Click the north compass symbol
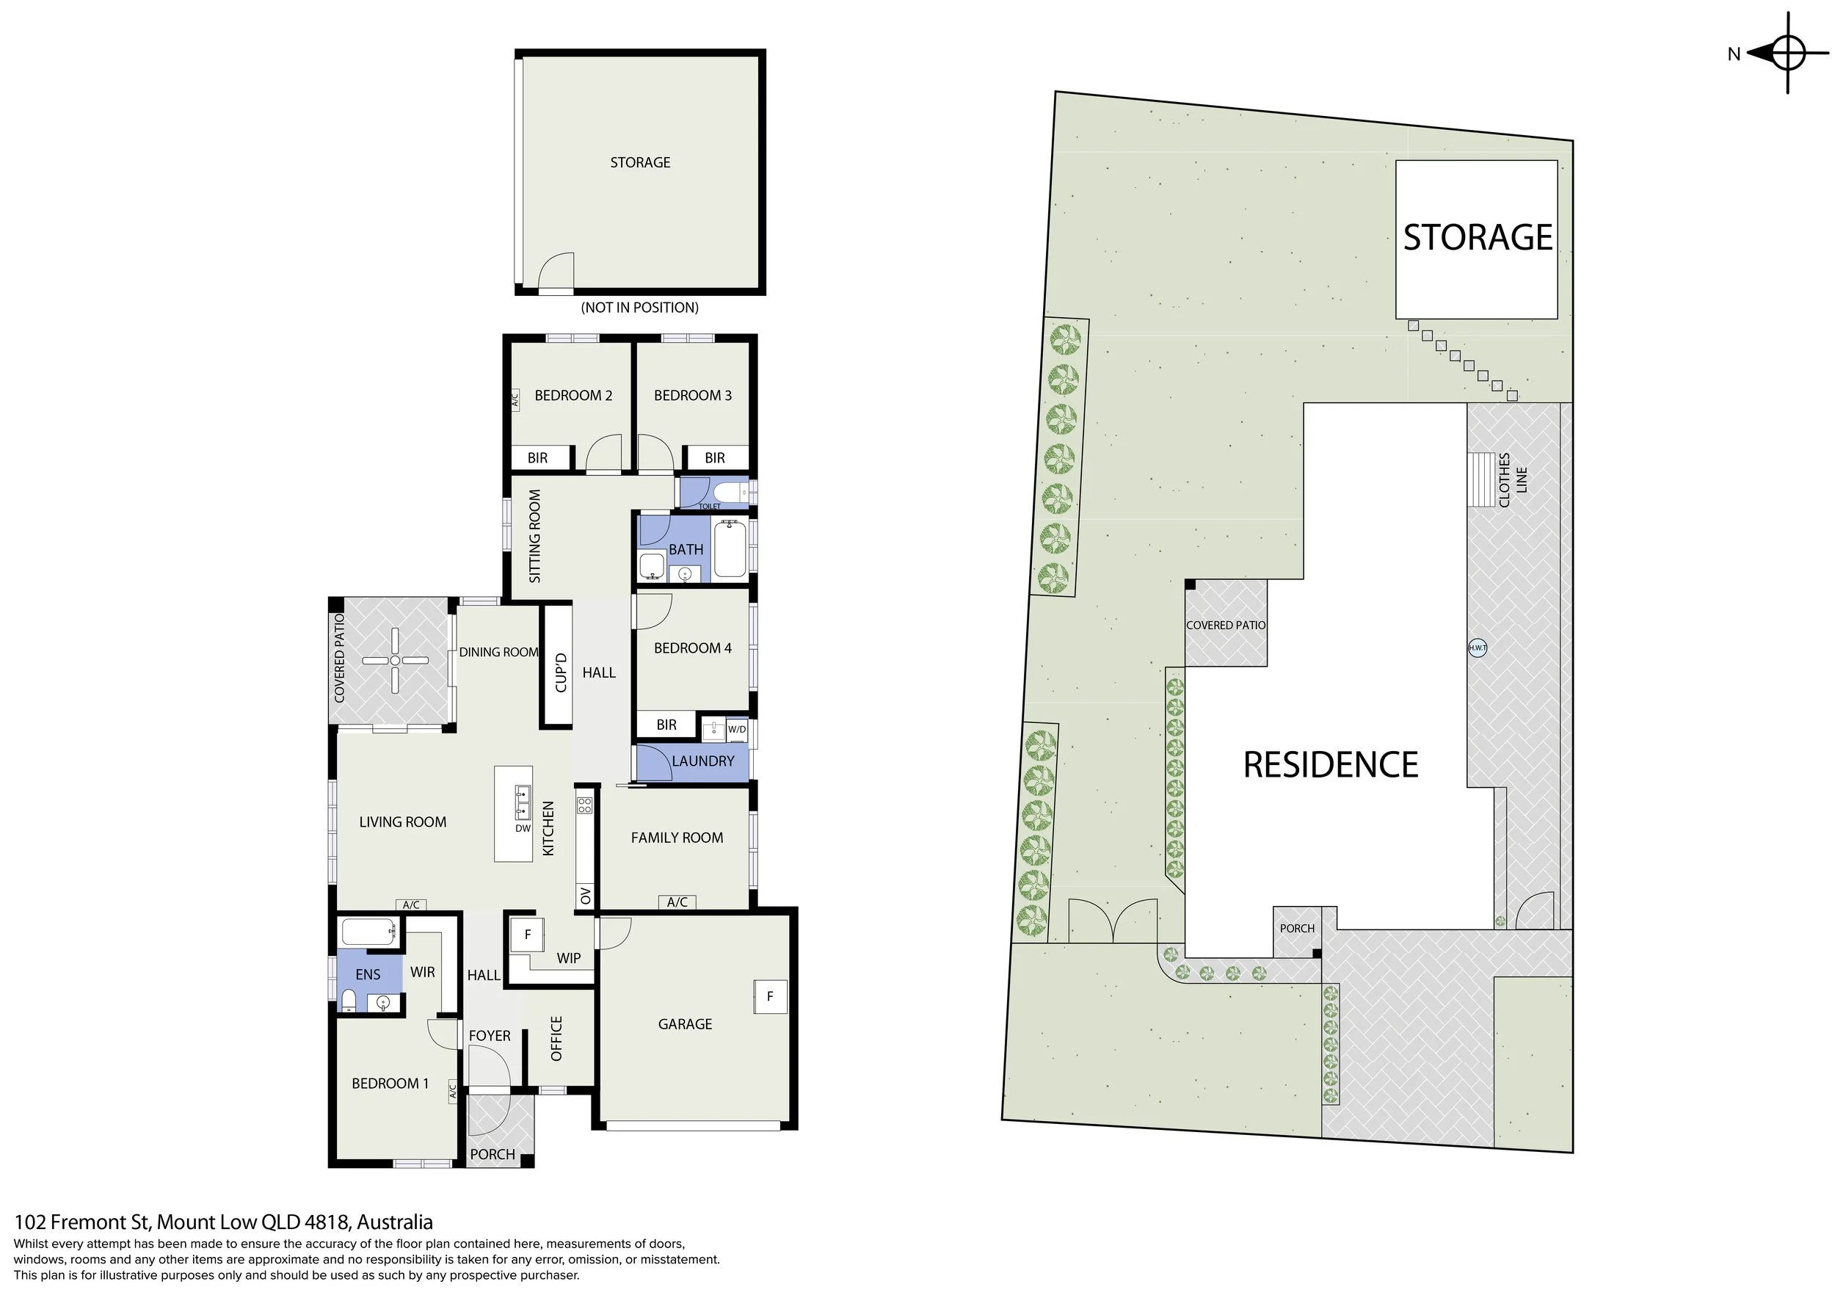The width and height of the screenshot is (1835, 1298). click(1787, 54)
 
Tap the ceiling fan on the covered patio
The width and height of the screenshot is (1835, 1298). click(395, 660)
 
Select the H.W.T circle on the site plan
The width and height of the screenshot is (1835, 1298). click(1478, 648)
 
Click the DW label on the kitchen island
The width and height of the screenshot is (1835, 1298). click(523, 828)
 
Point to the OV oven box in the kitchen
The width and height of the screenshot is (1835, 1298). click(585, 896)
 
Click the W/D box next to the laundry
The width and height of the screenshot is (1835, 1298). click(737, 729)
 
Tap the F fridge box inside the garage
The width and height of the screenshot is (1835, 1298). click(771, 997)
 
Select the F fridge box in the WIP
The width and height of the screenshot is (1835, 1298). click(528, 935)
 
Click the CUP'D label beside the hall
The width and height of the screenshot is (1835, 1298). click(560, 672)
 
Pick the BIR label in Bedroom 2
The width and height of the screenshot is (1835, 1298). click(538, 458)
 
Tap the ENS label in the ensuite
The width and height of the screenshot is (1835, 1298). click(368, 974)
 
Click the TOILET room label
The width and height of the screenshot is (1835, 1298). click(710, 506)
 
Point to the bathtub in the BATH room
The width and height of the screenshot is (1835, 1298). click(730, 548)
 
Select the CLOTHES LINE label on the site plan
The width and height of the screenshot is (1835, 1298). click(1512, 479)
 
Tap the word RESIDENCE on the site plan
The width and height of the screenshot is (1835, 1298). click(1330, 765)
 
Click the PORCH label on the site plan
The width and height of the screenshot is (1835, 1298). click(1296, 928)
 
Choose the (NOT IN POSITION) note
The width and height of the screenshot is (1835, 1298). click(639, 308)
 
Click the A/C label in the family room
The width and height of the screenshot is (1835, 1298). click(677, 902)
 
